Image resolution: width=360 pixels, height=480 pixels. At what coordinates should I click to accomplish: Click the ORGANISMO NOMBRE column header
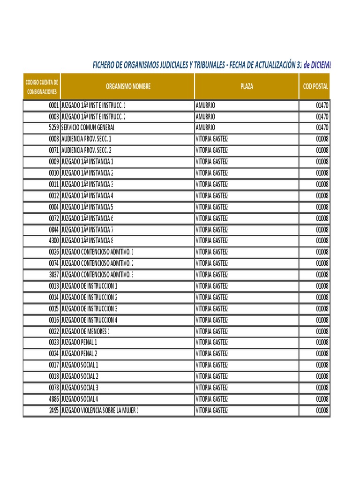[x=127, y=87]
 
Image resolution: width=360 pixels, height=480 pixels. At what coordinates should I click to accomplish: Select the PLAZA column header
[x=247, y=87]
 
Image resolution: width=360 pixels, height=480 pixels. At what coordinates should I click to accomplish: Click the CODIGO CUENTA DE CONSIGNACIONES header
[x=42, y=87]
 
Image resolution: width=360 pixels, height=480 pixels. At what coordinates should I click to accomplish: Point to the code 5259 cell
[x=53, y=127]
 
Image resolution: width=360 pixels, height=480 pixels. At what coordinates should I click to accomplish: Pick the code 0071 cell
[x=53, y=150]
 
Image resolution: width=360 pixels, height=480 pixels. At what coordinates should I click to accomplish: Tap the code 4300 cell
[x=53, y=241]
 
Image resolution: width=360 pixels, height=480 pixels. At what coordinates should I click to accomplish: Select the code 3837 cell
[x=53, y=275]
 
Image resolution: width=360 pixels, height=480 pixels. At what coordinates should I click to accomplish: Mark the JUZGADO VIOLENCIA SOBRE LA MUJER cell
[x=99, y=411]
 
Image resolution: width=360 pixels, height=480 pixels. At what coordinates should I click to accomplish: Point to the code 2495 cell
[x=53, y=411]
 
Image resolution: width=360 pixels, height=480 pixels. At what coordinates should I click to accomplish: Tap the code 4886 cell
[x=53, y=399]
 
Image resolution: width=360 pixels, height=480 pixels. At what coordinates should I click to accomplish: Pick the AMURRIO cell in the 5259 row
[x=205, y=127]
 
